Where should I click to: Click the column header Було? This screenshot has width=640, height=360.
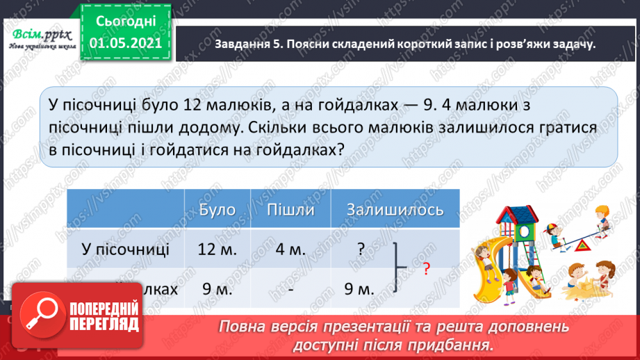[x=217, y=210]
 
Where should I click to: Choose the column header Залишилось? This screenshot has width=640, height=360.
[x=386, y=210]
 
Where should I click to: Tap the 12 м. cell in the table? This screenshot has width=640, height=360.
[x=217, y=250]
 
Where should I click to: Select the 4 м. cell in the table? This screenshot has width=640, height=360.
[x=290, y=250]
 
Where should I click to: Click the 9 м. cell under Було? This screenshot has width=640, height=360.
[x=217, y=288]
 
